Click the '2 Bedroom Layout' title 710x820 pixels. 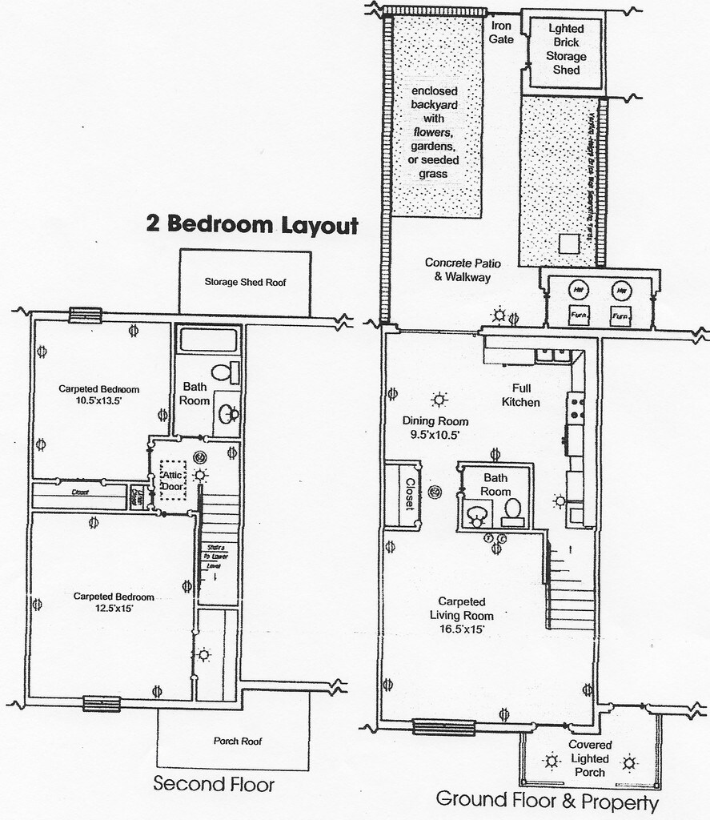click(251, 224)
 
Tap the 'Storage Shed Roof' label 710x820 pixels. click(245, 282)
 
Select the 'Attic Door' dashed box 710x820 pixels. click(173, 480)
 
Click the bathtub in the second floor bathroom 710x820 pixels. click(208, 340)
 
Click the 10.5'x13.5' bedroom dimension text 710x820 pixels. click(99, 402)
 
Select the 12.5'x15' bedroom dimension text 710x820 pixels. click(114, 609)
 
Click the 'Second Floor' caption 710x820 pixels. click(213, 783)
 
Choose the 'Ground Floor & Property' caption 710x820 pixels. click(547, 800)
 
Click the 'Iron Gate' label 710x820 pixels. click(501, 32)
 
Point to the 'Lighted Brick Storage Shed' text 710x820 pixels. click(566, 49)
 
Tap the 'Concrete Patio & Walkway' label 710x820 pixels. click(457, 270)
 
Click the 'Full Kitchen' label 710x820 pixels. click(520, 395)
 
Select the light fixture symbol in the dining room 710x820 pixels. click(439, 400)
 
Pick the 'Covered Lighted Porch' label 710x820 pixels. click(590, 758)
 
